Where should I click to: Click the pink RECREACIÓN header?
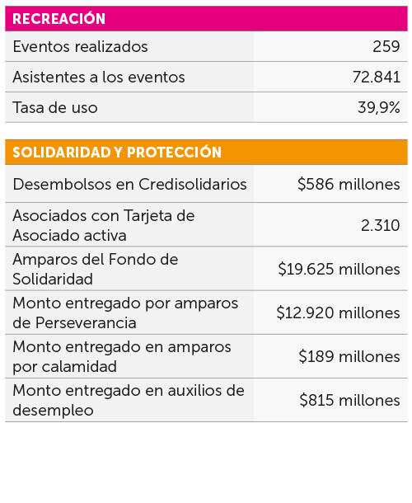coord(59,19)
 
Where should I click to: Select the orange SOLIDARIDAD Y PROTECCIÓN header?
coord(117,153)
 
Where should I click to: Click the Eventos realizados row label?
coord(80,47)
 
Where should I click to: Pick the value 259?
coord(386,47)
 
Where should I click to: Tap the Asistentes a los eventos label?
coord(99,78)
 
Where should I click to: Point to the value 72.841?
coord(376,78)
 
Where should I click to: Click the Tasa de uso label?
coord(55,107)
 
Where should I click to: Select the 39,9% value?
coord(379,107)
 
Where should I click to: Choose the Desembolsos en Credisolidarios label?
coord(129,185)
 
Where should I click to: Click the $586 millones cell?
coord(349,185)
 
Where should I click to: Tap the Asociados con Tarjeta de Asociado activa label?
coord(103,225)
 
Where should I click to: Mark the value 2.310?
coord(381,225)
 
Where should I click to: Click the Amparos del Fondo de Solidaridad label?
coord(95,269)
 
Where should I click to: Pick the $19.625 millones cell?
coord(339,270)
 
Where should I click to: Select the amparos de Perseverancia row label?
coord(125,313)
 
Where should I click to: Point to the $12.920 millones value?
coord(338,313)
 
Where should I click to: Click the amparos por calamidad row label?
coord(122,356)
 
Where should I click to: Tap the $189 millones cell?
coord(349,357)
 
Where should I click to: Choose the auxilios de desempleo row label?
coord(128,400)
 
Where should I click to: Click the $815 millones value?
coord(349,401)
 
